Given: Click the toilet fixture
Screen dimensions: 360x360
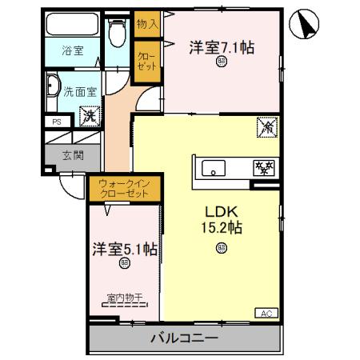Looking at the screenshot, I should point(118,34).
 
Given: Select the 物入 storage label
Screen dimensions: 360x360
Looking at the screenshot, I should point(147,25).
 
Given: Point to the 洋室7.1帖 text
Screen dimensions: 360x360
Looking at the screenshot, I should point(222,47).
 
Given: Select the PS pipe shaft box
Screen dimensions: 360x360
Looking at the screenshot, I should point(56,122).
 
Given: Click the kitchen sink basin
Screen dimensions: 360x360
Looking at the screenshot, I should point(214,168).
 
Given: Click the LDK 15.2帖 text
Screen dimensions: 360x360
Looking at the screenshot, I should point(221,218).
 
